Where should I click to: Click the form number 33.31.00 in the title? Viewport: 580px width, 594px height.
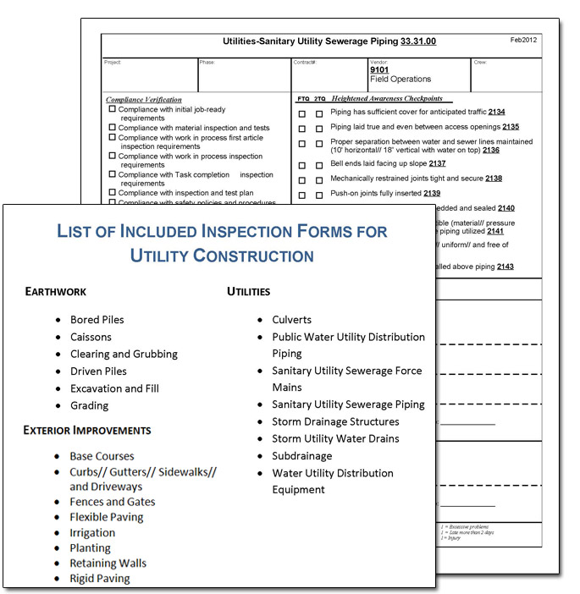pyautogui.click(x=418, y=41)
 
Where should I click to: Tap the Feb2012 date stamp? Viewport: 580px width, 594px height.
pyautogui.click(x=524, y=40)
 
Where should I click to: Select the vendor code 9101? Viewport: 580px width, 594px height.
pyautogui.click(x=379, y=70)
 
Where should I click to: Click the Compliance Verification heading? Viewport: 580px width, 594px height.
pyautogui.click(x=144, y=100)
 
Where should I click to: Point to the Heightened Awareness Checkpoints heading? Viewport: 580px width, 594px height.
pyautogui.click(x=387, y=99)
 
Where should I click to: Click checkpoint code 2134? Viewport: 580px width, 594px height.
pyautogui.click(x=497, y=112)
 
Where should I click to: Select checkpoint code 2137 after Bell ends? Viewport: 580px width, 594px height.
pyautogui.click(x=437, y=163)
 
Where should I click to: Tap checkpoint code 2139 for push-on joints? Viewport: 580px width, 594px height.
pyautogui.click(x=432, y=194)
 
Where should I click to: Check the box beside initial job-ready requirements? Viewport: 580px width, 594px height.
pyautogui.click(x=112, y=109)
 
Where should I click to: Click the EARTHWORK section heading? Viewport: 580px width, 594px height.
pyautogui.click(x=55, y=292)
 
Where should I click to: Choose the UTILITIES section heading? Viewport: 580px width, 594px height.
pyautogui.click(x=248, y=292)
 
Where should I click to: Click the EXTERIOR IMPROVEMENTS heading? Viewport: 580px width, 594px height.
pyautogui.click(x=87, y=431)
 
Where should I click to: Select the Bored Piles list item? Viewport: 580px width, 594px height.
pyautogui.click(x=97, y=320)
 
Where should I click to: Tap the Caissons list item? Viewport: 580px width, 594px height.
pyautogui.click(x=91, y=337)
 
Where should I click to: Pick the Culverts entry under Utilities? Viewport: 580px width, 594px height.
pyautogui.click(x=291, y=320)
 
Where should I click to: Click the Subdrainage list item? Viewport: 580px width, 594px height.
pyautogui.click(x=301, y=456)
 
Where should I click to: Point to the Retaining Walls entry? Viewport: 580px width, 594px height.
pyautogui.click(x=108, y=564)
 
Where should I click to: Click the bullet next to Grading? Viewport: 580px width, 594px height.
pyautogui.click(x=58, y=406)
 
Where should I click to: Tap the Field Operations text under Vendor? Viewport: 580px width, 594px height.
pyautogui.click(x=400, y=80)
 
